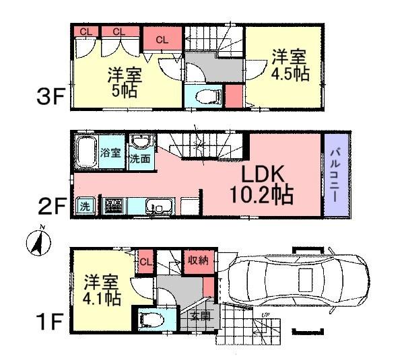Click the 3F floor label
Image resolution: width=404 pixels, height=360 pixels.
[x=50, y=98]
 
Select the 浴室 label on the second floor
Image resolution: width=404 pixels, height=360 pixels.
[x=111, y=153]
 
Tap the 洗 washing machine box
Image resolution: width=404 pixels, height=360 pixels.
[x=86, y=205]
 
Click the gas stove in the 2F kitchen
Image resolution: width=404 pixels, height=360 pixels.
[x=113, y=206]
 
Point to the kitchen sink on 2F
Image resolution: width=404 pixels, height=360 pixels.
[x=160, y=207]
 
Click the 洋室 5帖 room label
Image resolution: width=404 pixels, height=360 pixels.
[x=124, y=81]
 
